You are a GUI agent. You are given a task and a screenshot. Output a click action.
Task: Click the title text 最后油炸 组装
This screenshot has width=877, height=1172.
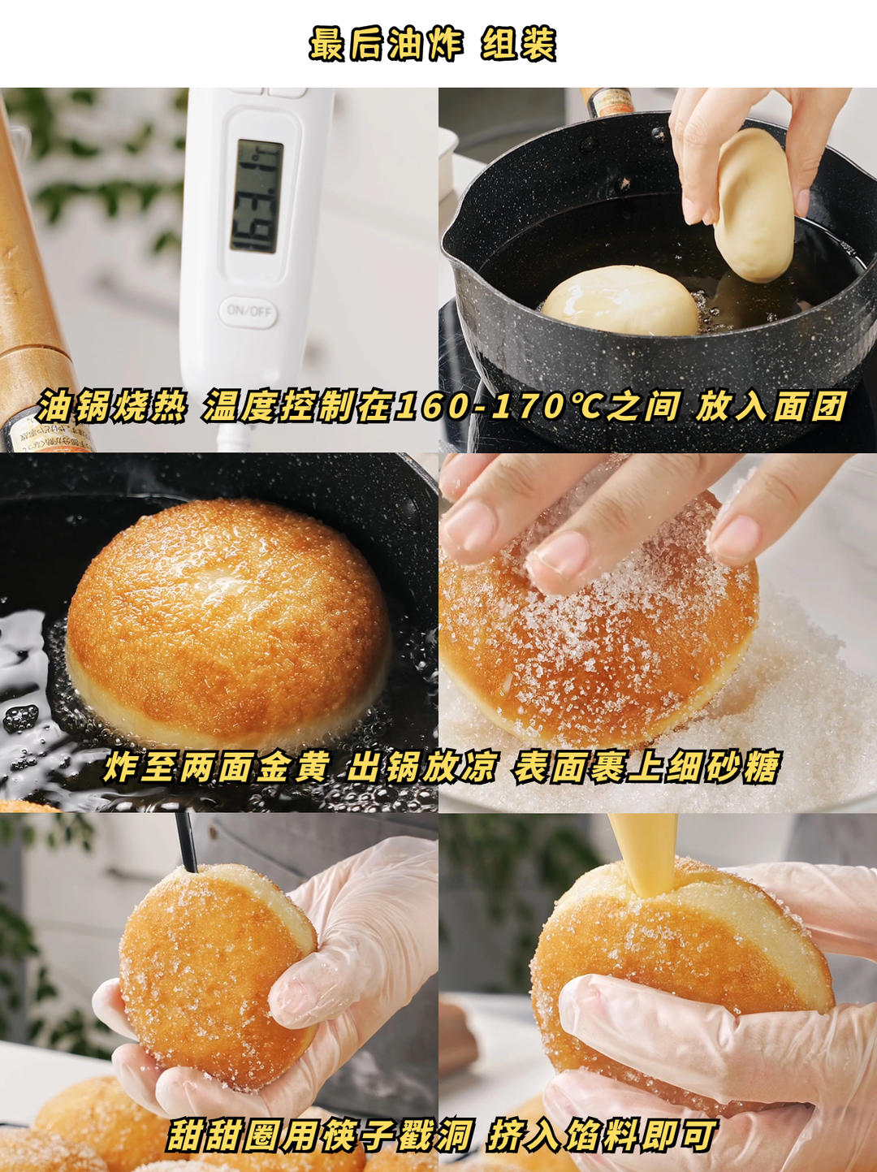432,44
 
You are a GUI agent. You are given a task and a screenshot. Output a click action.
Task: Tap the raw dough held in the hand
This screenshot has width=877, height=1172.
754,204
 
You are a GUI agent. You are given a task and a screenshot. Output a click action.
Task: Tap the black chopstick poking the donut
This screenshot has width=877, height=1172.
186,841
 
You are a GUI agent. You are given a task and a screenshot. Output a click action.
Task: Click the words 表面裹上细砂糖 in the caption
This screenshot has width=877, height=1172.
646,766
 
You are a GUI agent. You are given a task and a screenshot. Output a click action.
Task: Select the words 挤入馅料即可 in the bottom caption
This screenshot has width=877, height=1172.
602,1135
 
